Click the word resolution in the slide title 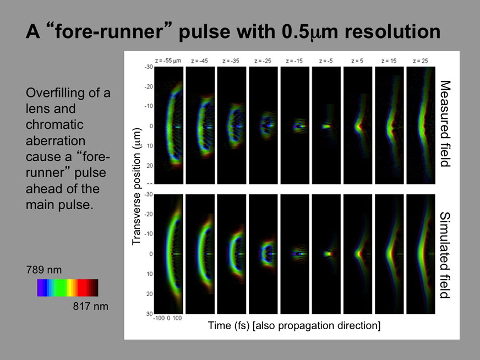pos(392,31)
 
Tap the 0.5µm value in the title pos(310,32)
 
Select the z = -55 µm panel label pos(168,61)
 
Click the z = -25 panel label pos(263,61)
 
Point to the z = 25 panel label pos(421,61)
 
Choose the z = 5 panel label pos(357,61)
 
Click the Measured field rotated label pos(445,123)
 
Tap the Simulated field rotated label pos(445,255)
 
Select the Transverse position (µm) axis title pos(137,187)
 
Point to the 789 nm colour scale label pos(44,270)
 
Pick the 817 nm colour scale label pos(90,306)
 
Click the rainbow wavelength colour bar pos(68,288)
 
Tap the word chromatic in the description pos(54,124)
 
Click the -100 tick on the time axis pos(159,318)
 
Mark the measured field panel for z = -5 pos(326,126)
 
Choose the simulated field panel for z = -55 pos(168,254)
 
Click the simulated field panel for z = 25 pos(421,254)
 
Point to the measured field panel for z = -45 pos(200,126)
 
